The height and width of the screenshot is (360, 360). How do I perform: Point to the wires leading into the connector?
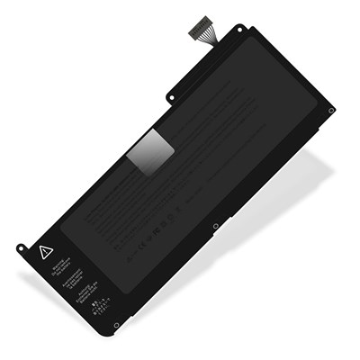[x=203, y=40]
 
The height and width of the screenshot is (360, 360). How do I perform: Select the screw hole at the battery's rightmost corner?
[x=330, y=111]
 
